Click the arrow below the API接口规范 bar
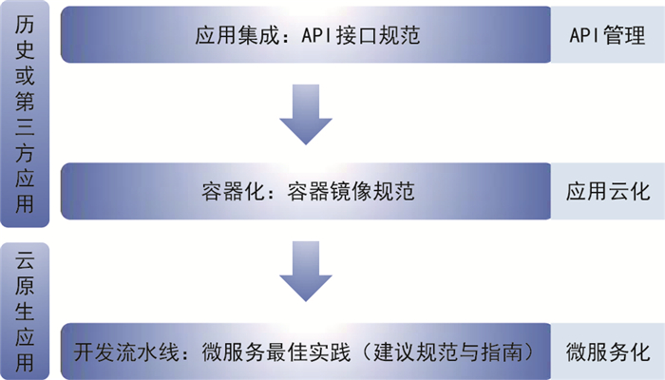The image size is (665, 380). point(306,113)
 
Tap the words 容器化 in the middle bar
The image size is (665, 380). point(230,191)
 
